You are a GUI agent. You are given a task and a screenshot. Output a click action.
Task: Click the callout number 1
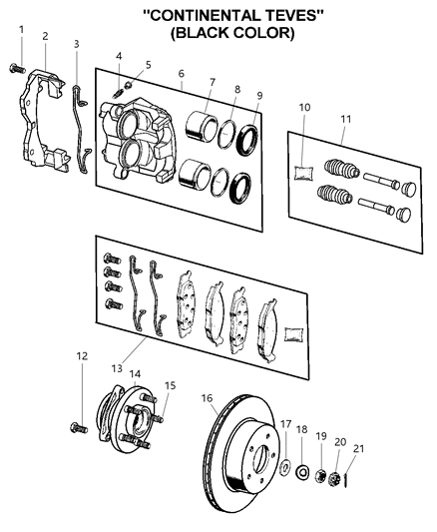pyautogui.click(x=21, y=29)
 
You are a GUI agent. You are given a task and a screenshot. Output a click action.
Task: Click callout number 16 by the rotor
pyautogui.click(x=207, y=398)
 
